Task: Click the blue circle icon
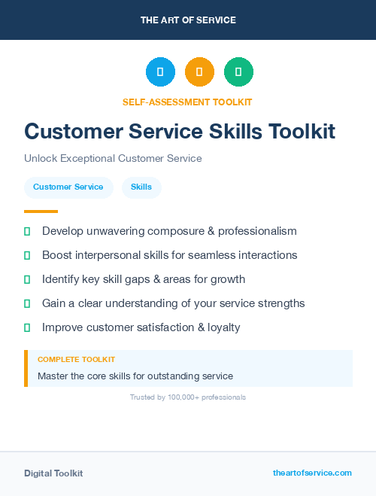coord(160,72)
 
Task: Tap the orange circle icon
coord(199,72)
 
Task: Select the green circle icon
coord(238,72)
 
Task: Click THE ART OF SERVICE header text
coord(188,20)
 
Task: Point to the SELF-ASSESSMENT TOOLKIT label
coord(187,102)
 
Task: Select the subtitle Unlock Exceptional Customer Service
coord(113,159)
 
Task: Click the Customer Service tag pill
coord(68,187)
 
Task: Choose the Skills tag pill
coord(141,187)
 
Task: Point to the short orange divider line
coord(41,211)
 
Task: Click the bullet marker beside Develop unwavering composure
coord(27,231)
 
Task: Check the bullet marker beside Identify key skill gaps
coord(27,279)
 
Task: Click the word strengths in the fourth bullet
coord(278,303)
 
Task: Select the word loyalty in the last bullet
coord(220,327)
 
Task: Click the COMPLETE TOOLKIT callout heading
coord(76,360)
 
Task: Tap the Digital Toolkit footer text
coord(53,473)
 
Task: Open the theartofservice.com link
coord(312,473)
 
